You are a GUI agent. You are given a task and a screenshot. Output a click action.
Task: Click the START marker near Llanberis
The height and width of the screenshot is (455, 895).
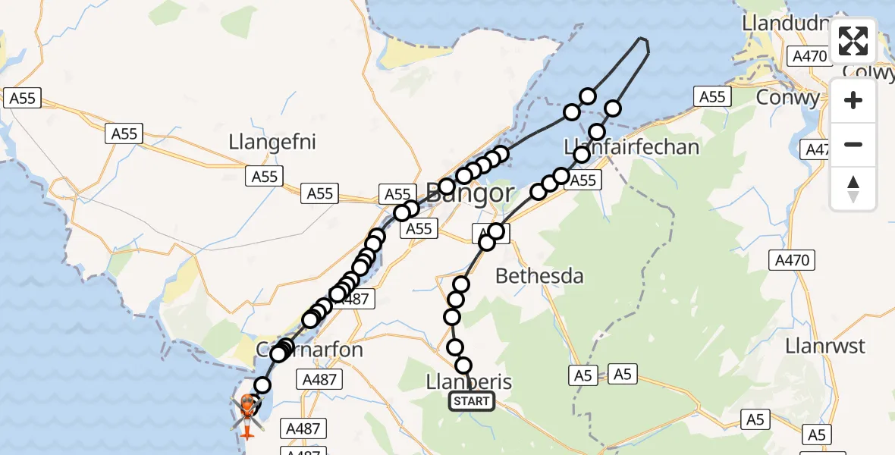point(472,401)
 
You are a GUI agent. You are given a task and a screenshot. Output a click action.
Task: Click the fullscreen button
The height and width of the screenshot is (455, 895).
point(853,41)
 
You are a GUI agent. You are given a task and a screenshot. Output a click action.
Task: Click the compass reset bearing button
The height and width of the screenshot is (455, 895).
point(853,189)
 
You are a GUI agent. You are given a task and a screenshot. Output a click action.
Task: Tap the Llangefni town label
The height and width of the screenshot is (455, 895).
point(272,142)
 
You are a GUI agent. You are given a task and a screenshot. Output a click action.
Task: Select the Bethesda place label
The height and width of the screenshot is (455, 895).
point(539,276)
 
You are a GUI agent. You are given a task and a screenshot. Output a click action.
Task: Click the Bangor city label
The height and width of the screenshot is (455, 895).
point(470,193)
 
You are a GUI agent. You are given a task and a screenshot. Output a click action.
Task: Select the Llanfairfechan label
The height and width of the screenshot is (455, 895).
point(632,146)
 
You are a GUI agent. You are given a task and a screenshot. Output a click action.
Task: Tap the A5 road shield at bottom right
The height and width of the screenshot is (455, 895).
point(817,435)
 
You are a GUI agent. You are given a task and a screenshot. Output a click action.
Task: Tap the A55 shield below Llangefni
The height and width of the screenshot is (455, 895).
point(264,177)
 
